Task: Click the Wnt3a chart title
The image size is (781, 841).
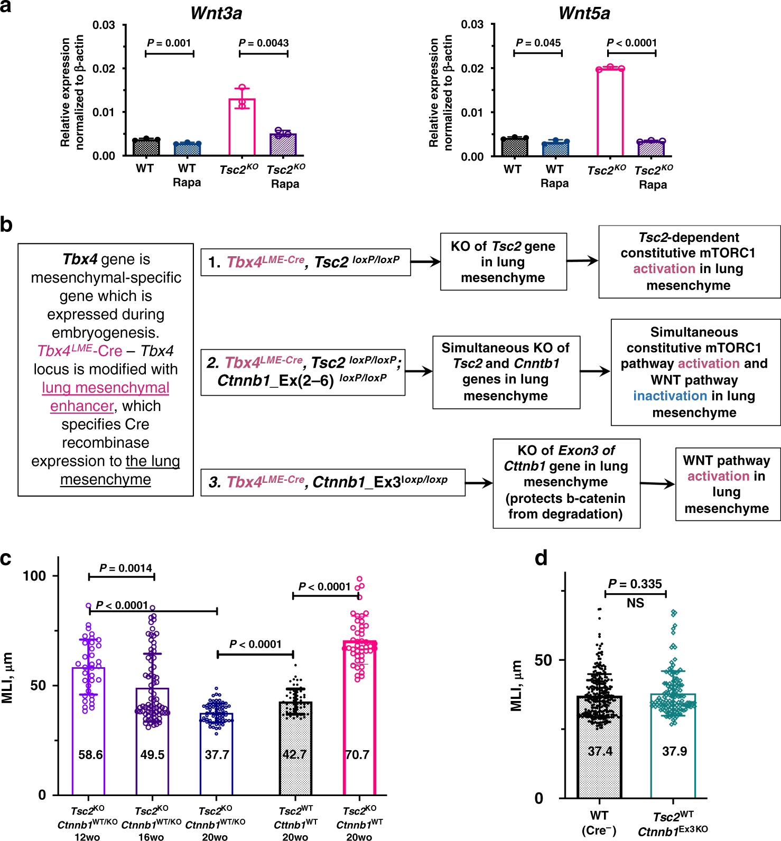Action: [216, 13]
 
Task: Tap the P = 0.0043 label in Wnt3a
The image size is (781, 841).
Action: [264, 43]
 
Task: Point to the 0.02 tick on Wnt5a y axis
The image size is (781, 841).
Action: [472, 68]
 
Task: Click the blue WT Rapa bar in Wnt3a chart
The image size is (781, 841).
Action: [187, 148]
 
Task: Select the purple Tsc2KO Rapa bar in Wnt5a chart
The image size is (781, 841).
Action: [651, 148]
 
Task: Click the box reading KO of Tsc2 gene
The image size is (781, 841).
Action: [503, 261]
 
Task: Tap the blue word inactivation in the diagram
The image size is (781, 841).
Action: [670, 396]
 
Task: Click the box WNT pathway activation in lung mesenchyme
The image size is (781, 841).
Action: [727, 484]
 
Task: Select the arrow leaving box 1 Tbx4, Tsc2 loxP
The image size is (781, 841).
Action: [425, 261]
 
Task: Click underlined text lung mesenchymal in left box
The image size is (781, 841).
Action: [106, 388]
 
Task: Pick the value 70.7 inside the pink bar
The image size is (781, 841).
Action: [357, 754]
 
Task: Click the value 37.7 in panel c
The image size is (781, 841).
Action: [217, 754]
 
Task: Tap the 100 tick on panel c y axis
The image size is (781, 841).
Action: [35, 575]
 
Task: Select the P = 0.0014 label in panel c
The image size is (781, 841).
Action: [126, 568]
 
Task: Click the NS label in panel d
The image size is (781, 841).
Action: [635, 603]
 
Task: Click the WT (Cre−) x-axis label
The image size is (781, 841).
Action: [599, 823]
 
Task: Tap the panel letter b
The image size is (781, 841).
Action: [6, 225]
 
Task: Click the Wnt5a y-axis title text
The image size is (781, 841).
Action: [441, 92]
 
